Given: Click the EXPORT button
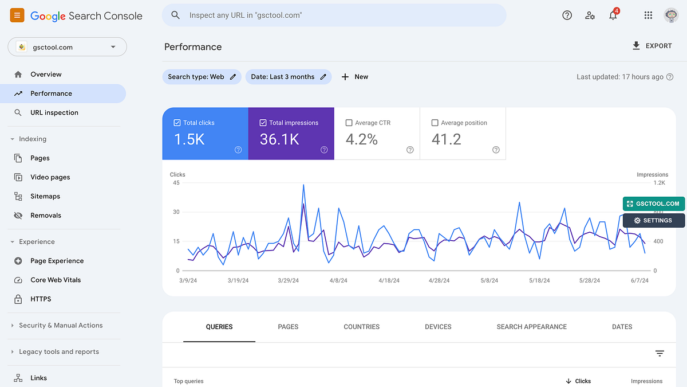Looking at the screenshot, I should [652, 46].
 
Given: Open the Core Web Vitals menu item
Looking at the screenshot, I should [56, 280].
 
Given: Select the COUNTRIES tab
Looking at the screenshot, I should [361, 327].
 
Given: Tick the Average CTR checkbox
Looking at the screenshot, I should [349, 123].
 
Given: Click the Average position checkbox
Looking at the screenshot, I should [435, 123].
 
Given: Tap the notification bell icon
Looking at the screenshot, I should [613, 15].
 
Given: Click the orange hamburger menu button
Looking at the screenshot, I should [17, 15].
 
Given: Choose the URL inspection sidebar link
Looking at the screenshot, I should [54, 112].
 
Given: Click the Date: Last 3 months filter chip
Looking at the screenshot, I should [288, 77].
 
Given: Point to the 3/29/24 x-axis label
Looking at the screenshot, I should [289, 280].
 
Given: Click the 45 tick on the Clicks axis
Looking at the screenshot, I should [176, 183].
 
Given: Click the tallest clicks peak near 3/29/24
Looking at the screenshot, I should [303, 185].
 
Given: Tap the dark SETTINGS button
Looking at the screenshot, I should [653, 220].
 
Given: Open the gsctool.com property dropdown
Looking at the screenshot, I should [67, 47].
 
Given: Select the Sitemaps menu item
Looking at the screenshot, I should [45, 196].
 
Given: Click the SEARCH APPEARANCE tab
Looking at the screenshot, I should [531, 327].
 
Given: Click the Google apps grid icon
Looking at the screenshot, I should [648, 15].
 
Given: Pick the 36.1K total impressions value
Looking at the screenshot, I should [279, 139].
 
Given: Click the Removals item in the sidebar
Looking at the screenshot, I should [46, 216].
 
